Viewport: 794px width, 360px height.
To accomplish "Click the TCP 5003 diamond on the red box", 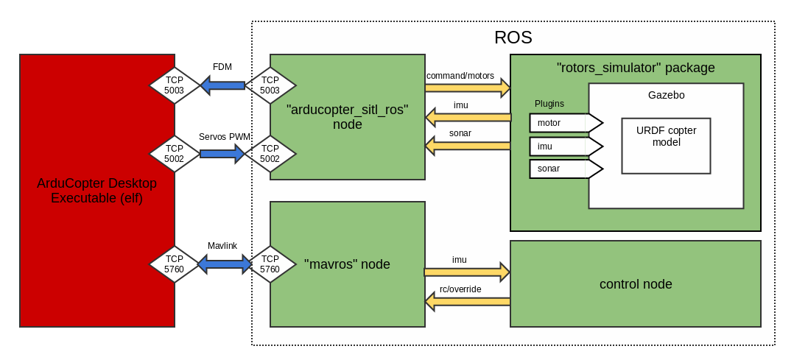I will [x=175, y=85].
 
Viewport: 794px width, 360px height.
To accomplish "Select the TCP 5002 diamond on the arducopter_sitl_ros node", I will [x=270, y=154].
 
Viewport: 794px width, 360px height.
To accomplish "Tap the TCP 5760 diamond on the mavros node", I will [x=270, y=264].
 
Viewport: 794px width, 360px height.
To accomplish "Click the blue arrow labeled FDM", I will [x=222, y=85].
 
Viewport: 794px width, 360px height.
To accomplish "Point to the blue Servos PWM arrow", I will [x=222, y=154].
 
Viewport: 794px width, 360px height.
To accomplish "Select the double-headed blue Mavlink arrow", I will [x=225, y=264].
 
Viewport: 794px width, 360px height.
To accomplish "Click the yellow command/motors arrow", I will [x=468, y=88].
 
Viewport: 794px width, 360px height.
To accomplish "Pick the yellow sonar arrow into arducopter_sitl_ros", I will [x=468, y=146].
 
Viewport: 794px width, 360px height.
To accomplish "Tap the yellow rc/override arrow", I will [x=468, y=300].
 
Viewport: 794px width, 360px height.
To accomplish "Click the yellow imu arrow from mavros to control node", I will [x=468, y=271].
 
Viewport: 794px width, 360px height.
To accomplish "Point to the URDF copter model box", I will [x=666, y=146].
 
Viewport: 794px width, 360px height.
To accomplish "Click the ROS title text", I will [x=513, y=38].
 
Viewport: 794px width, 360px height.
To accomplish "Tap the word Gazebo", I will [x=666, y=95].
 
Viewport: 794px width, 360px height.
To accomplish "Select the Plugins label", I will [x=549, y=104].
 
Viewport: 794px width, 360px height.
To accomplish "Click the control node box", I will [x=635, y=283].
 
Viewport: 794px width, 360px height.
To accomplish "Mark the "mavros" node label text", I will [x=347, y=264].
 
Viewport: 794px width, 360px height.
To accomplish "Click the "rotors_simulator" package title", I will [x=636, y=68].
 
